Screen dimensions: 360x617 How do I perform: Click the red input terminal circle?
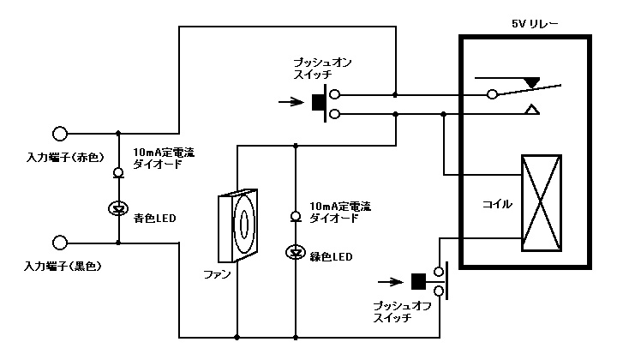(60, 133)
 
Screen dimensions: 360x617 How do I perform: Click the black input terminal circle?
(60, 243)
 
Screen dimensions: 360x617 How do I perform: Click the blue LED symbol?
(118, 208)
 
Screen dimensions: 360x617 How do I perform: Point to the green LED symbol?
(296, 251)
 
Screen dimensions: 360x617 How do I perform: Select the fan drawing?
(237, 225)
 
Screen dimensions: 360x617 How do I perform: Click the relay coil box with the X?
(542, 202)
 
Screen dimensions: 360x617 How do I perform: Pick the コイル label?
(497, 205)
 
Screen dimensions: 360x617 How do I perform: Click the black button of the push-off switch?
(419, 281)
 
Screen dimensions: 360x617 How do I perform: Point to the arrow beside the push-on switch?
(292, 103)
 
